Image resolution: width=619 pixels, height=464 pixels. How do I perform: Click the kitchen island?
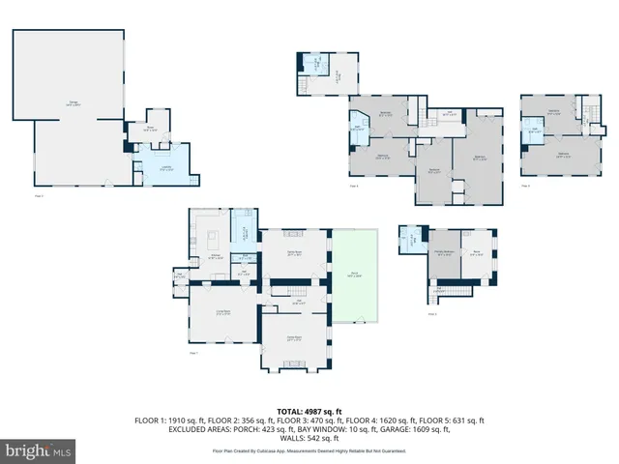pyautogui.click(x=211, y=237)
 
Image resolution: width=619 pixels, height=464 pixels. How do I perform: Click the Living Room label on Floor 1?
pyautogui.click(x=221, y=312)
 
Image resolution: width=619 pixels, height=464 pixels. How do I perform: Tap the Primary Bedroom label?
pyautogui.click(x=444, y=252)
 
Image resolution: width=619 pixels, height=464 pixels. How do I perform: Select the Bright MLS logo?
pyautogui.click(x=39, y=450)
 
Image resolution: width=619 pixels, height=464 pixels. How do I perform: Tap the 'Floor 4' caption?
pyautogui.click(x=353, y=186)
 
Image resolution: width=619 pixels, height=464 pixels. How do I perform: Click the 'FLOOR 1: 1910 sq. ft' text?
pyautogui.click(x=176, y=421)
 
